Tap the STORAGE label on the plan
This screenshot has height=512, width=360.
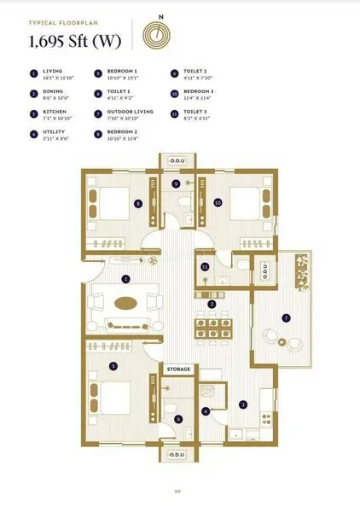pyautogui.click(x=178, y=369)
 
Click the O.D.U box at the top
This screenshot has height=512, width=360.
pyautogui.click(x=178, y=160)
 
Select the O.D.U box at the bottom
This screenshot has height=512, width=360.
pyautogui.click(x=177, y=455)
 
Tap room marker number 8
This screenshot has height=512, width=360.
pyautogui.click(x=137, y=203)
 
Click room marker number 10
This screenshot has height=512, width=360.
pyautogui.click(x=218, y=203)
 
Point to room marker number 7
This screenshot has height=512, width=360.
pyautogui.click(x=287, y=317)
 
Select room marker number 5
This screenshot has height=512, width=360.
pyautogui.click(x=113, y=365)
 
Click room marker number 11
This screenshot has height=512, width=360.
pyautogui.click(x=205, y=267)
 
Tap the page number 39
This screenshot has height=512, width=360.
pyautogui.click(x=177, y=491)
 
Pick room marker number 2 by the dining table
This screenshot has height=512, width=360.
pyautogui.click(x=212, y=304)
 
